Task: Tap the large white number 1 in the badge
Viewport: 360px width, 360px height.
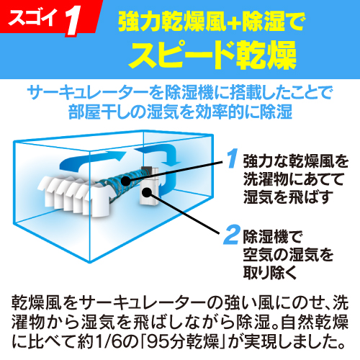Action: (x=73, y=22)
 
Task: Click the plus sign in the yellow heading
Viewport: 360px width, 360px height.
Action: (x=234, y=22)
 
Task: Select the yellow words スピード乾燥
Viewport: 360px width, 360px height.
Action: (x=212, y=55)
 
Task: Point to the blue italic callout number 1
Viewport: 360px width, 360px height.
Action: (x=233, y=158)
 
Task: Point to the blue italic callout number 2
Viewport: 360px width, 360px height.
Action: (x=231, y=235)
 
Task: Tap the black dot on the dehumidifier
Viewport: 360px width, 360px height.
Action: (x=147, y=192)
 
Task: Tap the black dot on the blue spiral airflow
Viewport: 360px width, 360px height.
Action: (x=125, y=181)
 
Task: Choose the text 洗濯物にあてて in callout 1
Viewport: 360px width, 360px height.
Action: (x=293, y=179)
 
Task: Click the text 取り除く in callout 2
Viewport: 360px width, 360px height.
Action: (x=270, y=273)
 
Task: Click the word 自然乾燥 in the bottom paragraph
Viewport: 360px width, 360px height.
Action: (x=315, y=322)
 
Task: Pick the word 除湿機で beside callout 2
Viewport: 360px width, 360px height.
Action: (x=273, y=237)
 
